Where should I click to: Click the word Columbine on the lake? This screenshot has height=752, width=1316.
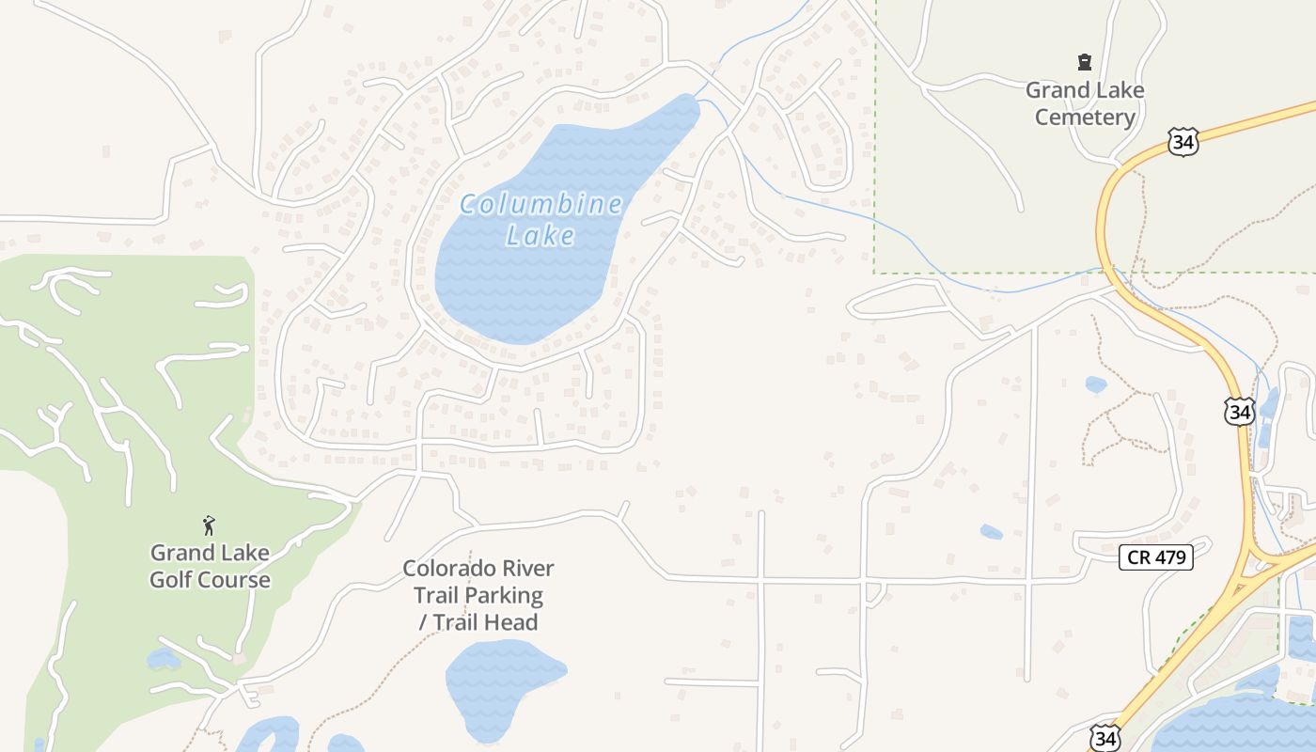click(540, 205)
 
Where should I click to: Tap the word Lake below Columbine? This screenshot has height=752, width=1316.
click(540, 236)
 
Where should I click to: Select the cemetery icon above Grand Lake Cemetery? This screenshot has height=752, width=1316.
click(1085, 63)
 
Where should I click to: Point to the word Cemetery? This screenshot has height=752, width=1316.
click(1085, 117)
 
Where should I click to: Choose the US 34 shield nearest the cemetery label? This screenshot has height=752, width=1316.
click(1183, 141)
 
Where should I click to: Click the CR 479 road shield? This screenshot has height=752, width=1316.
click(1157, 557)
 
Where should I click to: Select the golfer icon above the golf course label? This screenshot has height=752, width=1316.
click(209, 525)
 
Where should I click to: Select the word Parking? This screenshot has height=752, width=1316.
click(502, 595)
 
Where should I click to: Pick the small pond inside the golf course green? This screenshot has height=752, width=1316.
click(162, 659)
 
